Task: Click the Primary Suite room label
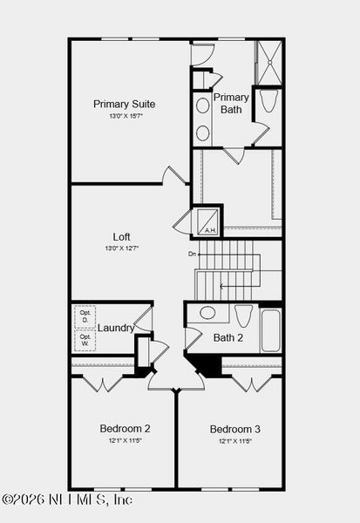tap(126, 104)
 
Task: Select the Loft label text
tap(121, 236)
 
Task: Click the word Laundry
tap(116, 328)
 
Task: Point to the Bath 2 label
tap(228, 337)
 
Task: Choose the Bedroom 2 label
tap(125, 428)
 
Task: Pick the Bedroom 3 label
tap(234, 429)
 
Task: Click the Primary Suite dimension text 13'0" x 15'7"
tap(126, 116)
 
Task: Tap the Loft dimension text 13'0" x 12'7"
tap(121, 248)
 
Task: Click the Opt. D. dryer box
tap(85, 316)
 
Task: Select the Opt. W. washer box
tap(85, 339)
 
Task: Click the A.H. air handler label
tap(209, 230)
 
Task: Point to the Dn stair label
tap(192, 254)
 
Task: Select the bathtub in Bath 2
tap(270, 329)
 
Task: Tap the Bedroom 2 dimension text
tap(125, 440)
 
